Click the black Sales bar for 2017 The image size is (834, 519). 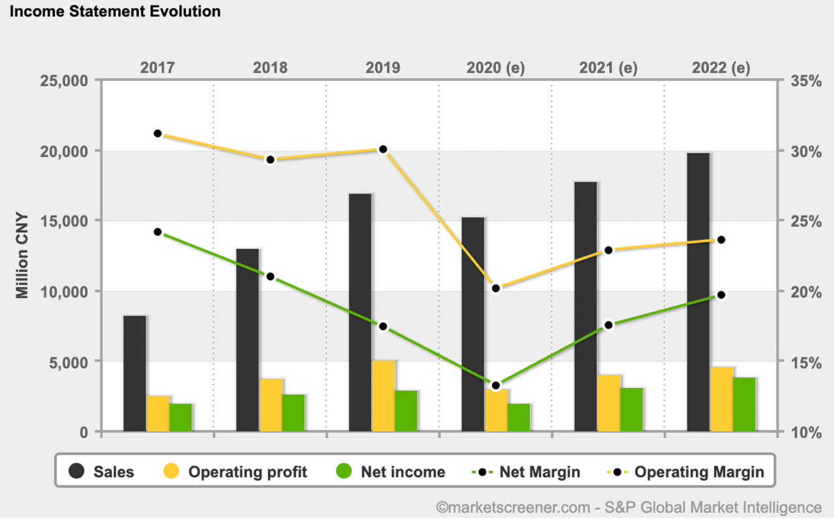(135, 373)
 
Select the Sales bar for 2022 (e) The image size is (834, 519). (698, 291)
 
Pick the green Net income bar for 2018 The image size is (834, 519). (293, 412)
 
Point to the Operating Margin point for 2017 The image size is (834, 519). (158, 134)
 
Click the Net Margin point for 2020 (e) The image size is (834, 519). (496, 385)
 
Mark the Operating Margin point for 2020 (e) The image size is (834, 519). (496, 288)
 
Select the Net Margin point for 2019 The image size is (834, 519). (383, 326)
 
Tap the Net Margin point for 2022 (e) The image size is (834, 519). (721, 295)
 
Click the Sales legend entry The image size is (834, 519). (102, 471)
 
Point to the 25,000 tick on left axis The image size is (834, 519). (65, 81)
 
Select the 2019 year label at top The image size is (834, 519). (383, 67)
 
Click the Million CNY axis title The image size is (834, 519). (23, 256)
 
